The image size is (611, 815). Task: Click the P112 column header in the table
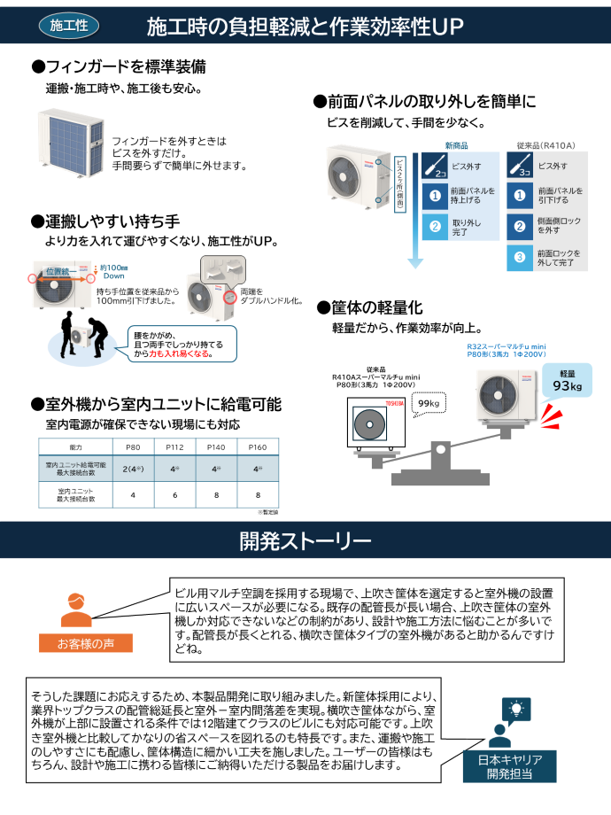pos(174,448)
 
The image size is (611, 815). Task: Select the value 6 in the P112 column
pos(174,494)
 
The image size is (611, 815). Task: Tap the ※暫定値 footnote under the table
pos(267,512)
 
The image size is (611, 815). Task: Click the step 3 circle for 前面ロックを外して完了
pos(521,258)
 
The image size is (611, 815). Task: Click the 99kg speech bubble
pos(429,404)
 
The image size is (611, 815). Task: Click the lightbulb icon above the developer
pos(514,709)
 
